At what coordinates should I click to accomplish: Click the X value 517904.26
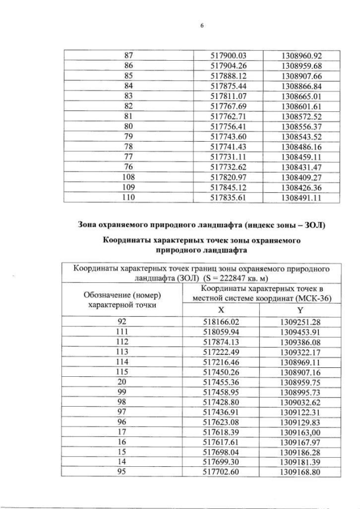coord(228,66)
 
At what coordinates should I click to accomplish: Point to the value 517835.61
coord(228,198)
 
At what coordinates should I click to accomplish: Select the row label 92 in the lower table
coord(121,321)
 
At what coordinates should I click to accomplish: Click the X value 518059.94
coord(221,331)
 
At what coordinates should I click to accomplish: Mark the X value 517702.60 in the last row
coord(221,471)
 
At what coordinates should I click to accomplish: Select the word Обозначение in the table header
coord(104,294)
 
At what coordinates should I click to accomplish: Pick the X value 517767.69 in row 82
coord(228,106)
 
